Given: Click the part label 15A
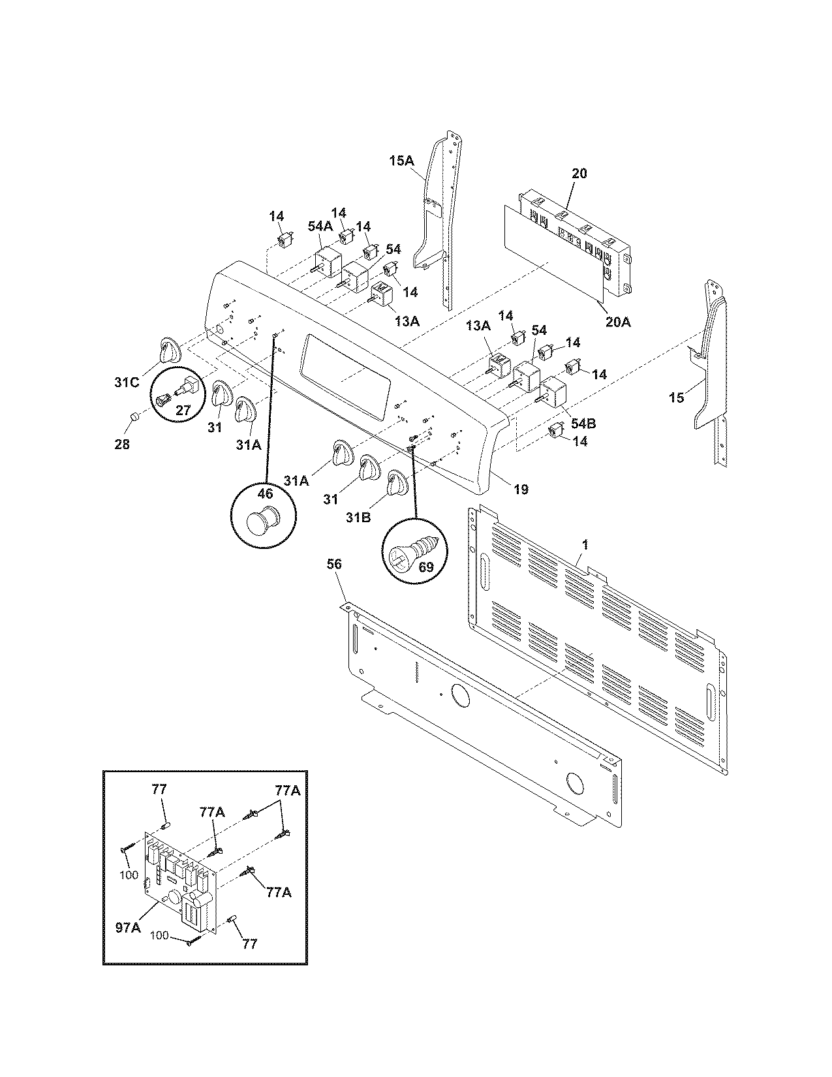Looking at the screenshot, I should tap(402, 159).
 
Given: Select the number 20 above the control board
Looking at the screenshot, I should tap(579, 174).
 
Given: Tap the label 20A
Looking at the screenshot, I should tap(617, 322).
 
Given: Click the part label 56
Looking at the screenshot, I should tap(333, 564).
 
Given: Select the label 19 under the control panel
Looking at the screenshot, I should tap(520, 489).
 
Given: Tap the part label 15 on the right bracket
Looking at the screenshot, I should tap(677, 397).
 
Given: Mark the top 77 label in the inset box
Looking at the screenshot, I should tap(159, 790).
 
